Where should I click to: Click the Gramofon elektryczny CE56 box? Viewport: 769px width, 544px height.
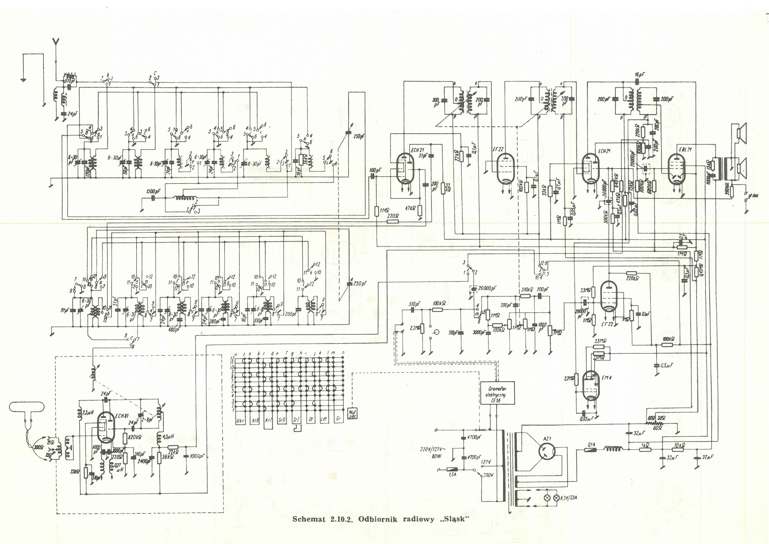[497, 393]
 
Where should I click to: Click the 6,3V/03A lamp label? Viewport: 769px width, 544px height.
[570, 498]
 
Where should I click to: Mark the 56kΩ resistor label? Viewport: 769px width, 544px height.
[167, 457]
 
